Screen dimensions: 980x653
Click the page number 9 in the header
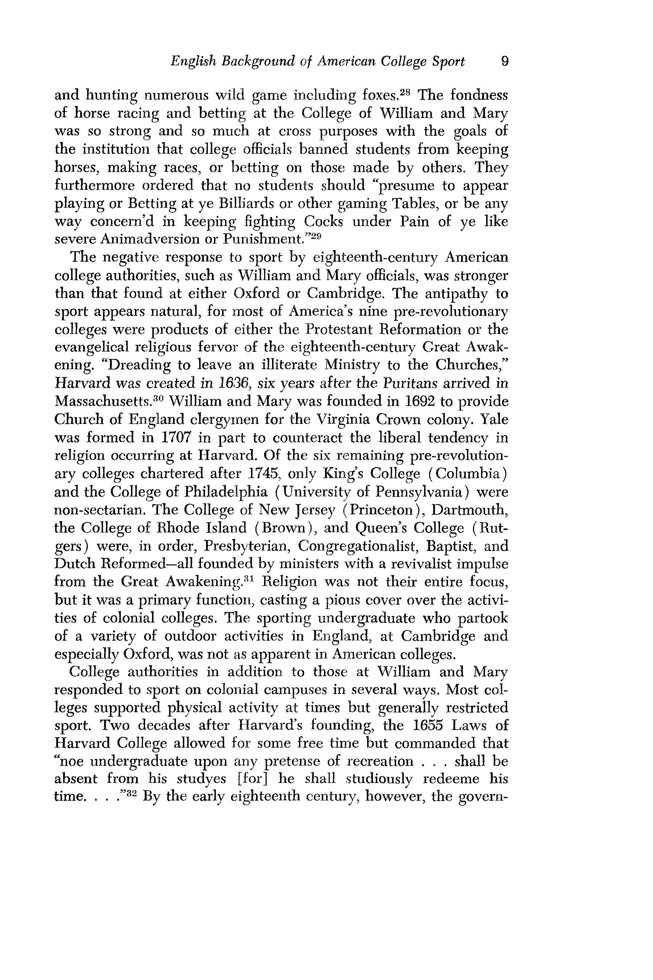coord(504,62)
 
